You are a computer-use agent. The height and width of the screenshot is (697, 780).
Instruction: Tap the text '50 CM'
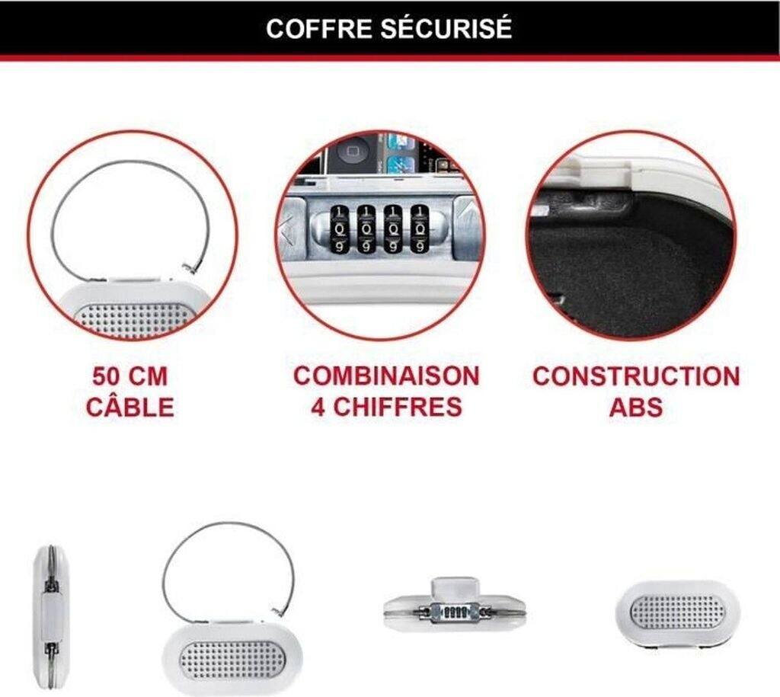[x=129, y=376]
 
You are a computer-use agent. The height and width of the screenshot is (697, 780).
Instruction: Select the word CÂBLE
[x=129, y=407]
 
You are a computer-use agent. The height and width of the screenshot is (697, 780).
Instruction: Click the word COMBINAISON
[x=387, y=376]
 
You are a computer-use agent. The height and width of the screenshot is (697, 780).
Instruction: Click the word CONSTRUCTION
[x=635, y=376]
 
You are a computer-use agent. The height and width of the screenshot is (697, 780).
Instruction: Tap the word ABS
[x=635, y=407]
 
